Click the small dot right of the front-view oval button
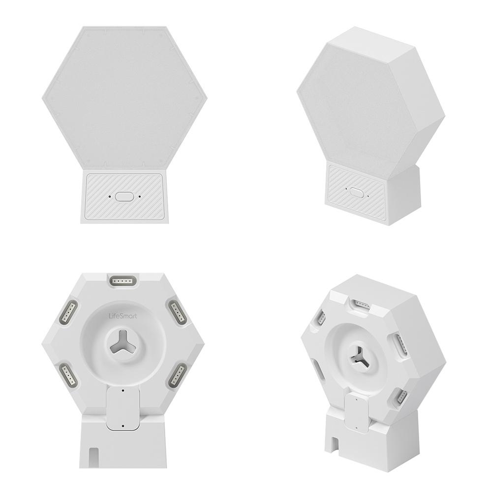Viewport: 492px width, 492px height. pyautogui.click(x=140, y=196)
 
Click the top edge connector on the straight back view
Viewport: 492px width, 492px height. pyautogui.click(x=123, y=280)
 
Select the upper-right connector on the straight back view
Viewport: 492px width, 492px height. pyautogui.click(x=176, y=310)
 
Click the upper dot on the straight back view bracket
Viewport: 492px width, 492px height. pyautogui.click(x=122, y=390)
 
